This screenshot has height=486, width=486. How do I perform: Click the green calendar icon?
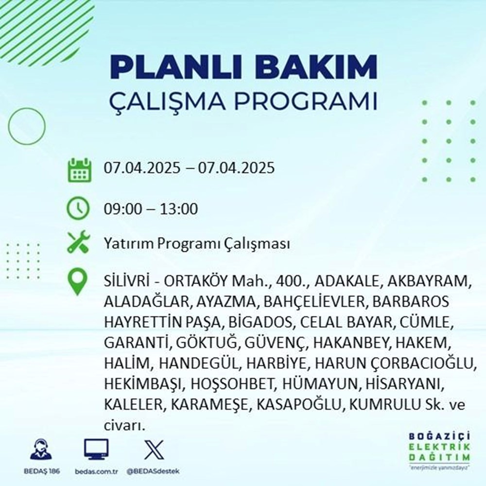[78, 169]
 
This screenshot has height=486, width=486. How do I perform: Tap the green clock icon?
[78, 209]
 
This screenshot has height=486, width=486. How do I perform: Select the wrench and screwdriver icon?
[78, 243]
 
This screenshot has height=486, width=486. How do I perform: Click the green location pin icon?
[78, 282]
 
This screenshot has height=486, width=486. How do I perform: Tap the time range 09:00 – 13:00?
[151, 209]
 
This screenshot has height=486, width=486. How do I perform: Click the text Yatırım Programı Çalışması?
[197, 243]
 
